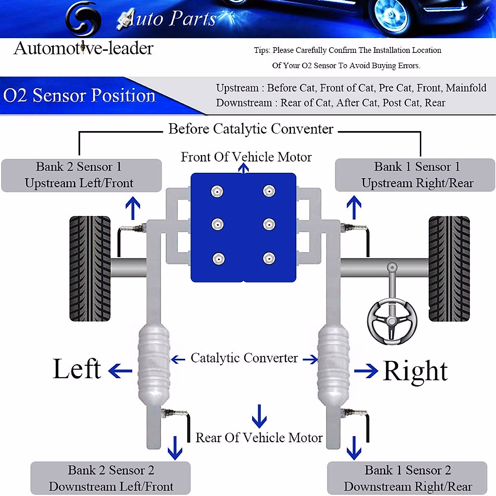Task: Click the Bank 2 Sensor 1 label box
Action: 81,175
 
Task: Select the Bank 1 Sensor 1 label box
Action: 415,175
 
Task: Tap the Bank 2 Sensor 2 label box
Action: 110,478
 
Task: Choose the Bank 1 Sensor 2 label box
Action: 407,478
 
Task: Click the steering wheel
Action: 391,320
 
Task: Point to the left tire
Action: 90,269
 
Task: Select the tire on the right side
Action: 449,269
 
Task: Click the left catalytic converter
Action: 153,364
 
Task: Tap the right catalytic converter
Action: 333,364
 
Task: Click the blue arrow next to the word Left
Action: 120,370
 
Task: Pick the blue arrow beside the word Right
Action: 366,370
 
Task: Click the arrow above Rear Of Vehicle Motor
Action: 259,416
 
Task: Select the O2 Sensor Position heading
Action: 79,95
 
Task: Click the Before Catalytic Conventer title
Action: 250,129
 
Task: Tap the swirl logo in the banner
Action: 83,19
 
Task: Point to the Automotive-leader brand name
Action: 83,48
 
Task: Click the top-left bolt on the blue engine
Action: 217,191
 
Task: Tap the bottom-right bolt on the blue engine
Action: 269,259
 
